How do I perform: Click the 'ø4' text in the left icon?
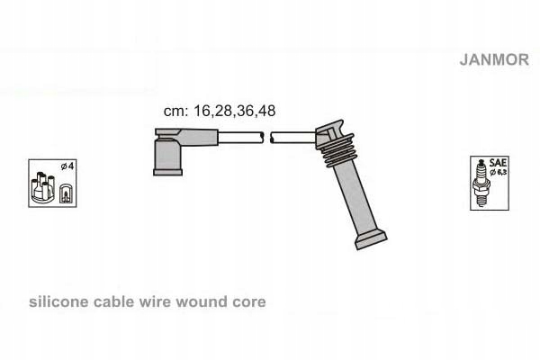(66, 167)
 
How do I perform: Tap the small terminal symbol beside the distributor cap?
(65, 192)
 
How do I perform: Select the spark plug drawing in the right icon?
(480, 180)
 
